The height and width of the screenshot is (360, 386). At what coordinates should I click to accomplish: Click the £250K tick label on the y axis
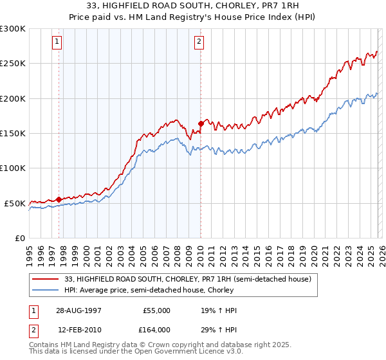tap(13, 64)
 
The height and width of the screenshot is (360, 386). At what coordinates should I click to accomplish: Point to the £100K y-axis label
tap(13, 168)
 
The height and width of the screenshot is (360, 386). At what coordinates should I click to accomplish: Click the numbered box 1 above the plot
tap(57, 42)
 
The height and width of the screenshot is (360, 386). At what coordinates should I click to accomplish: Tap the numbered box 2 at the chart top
tap(199, 42)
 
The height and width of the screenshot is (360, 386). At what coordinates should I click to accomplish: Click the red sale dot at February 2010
tap(201, 123)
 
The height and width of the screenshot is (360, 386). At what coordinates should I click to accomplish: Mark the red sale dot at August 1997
tap(59, 199)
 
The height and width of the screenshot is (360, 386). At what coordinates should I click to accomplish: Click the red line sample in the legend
tap(46, 279)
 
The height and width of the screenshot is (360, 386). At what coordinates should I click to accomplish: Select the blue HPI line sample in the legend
tap(46, 289)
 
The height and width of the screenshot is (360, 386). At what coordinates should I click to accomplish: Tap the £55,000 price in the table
tap(156, 310)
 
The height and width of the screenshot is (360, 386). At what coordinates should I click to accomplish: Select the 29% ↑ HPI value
tap(219, 329)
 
